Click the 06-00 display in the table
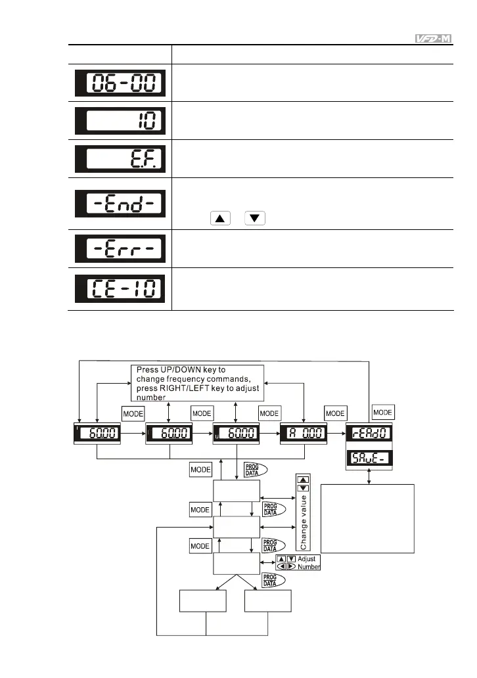tap(120, 83)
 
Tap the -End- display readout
tap(120, 202)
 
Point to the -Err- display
tap(120, 248)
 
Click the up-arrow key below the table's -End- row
tap(220, 218)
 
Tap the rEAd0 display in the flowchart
tap(370, 434)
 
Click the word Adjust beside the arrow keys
tap(307, 558)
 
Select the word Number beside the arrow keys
tap(308, 566)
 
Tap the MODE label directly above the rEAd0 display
tap(383, 412)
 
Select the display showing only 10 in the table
tap(120, 121)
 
